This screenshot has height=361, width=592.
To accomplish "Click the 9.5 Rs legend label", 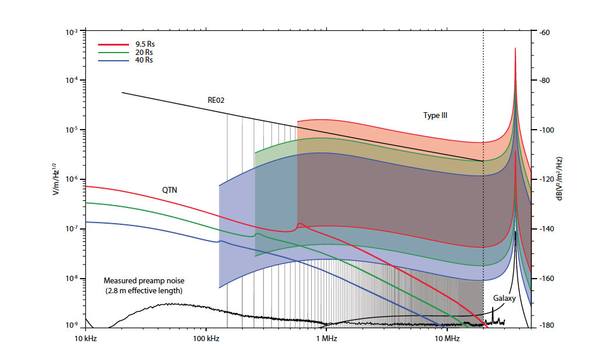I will coord(145,44).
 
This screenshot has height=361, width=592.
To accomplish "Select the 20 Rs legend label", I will coord(144,52).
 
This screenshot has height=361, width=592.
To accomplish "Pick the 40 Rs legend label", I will coord(144,60).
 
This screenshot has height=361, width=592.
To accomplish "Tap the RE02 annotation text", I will coord(216,100).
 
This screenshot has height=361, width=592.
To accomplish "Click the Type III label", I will coord(435,116).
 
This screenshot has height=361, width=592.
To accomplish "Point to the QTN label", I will coord(170,190).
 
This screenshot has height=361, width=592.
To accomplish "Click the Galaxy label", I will coord(504,297).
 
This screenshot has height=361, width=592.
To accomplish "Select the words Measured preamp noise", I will coord(143,280).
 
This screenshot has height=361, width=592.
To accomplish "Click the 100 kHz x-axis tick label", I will coord(205,338).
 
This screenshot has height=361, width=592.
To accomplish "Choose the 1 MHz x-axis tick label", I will coord(325,338).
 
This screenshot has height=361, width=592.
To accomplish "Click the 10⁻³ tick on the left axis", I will coord(72,33).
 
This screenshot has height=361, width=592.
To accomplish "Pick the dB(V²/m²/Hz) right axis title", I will coord(559,178).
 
